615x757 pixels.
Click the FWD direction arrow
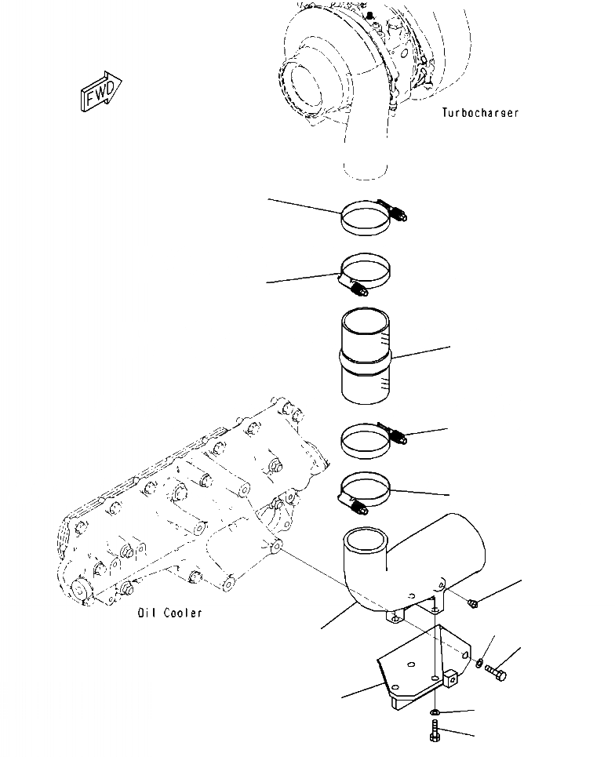(100, 92)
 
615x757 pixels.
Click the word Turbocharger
(480, 113)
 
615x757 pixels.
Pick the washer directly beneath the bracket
(435, 712)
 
